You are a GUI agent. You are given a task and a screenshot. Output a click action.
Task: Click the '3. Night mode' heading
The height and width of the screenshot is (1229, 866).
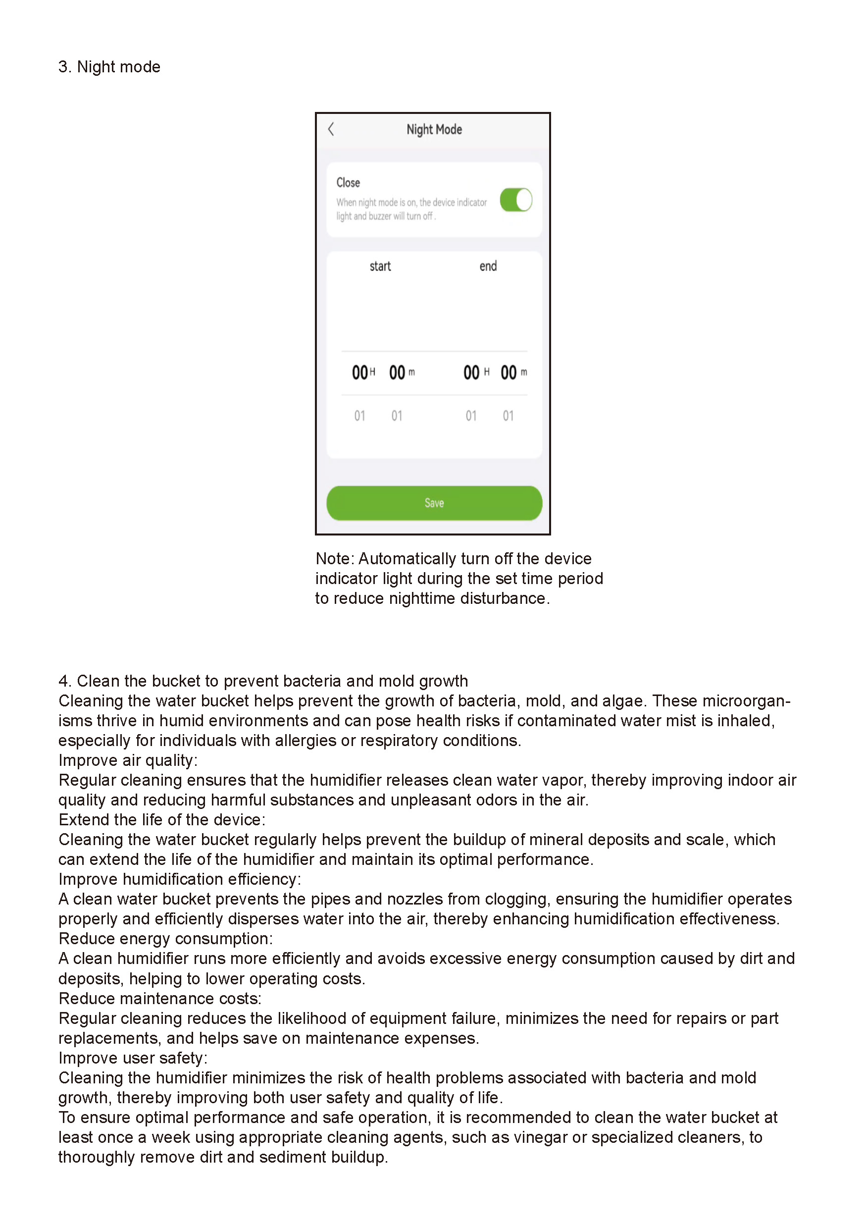pyautogui.click(x=109, y=67)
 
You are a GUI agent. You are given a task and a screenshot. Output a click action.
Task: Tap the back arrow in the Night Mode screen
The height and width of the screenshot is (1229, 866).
pyautogui.click(x=331, y=129)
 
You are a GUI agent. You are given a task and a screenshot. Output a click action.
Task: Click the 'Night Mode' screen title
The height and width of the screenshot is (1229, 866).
pyautogui.click(x=434, y=129)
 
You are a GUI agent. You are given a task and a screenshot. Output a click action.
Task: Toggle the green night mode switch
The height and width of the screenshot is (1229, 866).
pyautogui.click(x=515, y=200)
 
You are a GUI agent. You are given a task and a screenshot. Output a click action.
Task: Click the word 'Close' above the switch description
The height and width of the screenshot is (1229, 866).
pyautogui.click(x=348, y=182)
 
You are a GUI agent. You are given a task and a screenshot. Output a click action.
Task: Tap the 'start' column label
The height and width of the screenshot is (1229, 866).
pyautogui.click(x=380, y=266)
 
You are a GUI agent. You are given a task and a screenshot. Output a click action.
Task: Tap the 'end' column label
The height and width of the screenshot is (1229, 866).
pyautogui.click(x=487, y=266)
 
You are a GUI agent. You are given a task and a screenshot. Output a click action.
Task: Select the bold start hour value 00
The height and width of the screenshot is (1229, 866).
pyautogui.click(x=359, y=373)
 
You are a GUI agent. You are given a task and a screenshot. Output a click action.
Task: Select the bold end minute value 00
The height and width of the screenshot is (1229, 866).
pyautogui.click(x=508, y=373)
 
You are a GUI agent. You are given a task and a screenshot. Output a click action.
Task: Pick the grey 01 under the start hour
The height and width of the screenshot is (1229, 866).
pyautogui.click(x=359, y=416)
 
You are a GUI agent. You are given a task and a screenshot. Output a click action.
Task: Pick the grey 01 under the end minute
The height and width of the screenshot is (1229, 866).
pyautogui.click(x=508, y=416)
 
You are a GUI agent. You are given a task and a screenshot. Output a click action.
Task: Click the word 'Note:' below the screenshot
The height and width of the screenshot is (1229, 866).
pyautogui.click(x=335, y=559)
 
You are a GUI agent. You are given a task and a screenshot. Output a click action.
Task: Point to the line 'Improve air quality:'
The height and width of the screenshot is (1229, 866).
pyautogui.click(x=128, y=760)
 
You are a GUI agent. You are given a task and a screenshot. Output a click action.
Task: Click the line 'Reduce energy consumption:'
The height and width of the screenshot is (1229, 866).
pyautogui.click(x=165, y=939)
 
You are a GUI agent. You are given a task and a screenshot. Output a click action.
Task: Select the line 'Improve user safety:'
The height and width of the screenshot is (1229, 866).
pyautogui.click(x=133, y=1058)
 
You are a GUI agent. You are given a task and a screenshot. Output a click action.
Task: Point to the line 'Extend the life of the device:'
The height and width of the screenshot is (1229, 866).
pyautogui.click(x=161, y=820)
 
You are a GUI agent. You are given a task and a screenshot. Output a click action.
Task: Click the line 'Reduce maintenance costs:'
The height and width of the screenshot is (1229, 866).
pyautogui.click(x=159, y=999)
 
